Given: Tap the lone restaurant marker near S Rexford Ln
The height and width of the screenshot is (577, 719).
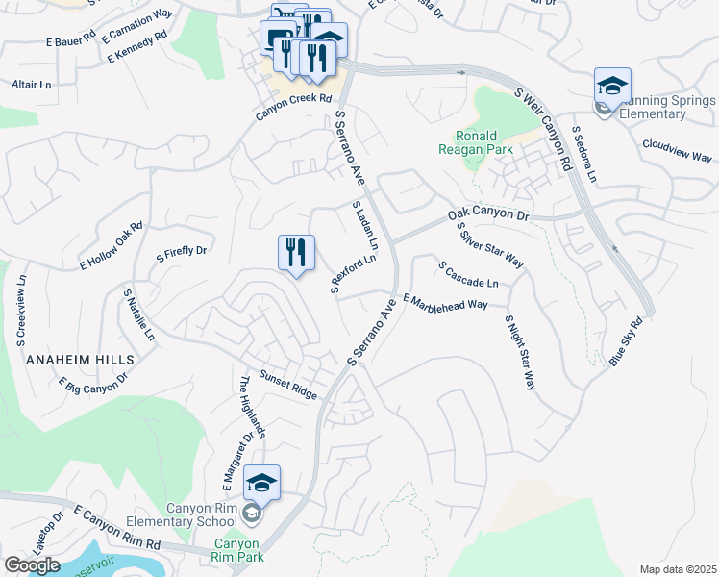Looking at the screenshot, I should [x=297, y=254].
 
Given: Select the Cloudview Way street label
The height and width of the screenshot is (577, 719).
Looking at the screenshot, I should [x=678, y=150].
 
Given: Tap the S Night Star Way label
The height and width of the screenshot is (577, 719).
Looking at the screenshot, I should [x=519, y=352].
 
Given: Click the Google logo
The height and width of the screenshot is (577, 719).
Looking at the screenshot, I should [x=32, y=565].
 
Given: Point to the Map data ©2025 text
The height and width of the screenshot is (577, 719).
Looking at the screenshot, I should [x=678, y=569].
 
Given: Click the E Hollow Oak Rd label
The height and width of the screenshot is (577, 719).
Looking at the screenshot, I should [x=111, y=246].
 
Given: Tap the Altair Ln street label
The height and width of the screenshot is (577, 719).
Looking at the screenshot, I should [x=32, y=85].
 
